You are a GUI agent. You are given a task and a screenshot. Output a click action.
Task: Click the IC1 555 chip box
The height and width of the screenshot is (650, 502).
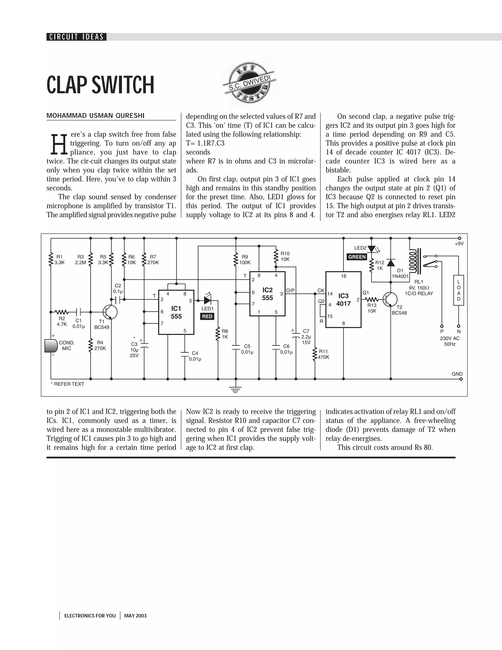point(176,312)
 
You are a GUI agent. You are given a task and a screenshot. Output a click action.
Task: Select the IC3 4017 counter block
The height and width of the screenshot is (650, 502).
point(343,299)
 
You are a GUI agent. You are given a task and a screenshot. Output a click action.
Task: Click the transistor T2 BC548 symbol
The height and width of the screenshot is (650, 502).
point(390,299)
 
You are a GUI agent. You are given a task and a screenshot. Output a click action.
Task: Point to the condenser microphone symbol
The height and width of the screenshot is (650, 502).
point(51,346)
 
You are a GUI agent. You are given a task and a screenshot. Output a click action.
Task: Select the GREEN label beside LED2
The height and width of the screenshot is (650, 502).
point(357,257)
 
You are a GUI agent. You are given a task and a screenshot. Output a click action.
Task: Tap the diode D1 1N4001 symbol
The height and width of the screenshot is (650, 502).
point(390,263)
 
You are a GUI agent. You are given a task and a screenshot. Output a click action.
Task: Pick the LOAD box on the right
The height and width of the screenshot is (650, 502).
point(458,290)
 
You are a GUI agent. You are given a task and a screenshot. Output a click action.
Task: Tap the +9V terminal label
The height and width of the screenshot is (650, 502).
point(459,244)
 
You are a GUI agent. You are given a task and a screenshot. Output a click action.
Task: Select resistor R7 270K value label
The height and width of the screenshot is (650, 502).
point(153,262)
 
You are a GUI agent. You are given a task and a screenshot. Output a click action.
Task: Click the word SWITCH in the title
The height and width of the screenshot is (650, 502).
point(123,85)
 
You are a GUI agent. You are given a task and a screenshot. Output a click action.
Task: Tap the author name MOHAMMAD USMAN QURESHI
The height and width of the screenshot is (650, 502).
point(95,116)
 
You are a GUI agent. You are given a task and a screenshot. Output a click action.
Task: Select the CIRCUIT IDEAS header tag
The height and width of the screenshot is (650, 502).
point(76,37)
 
